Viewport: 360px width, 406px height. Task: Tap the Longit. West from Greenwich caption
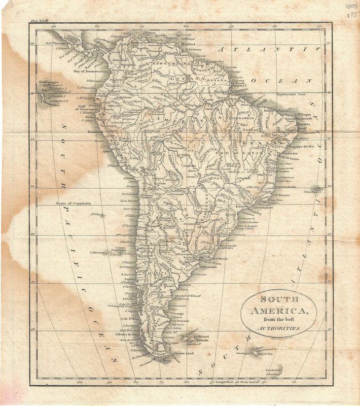pos(239,380)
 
